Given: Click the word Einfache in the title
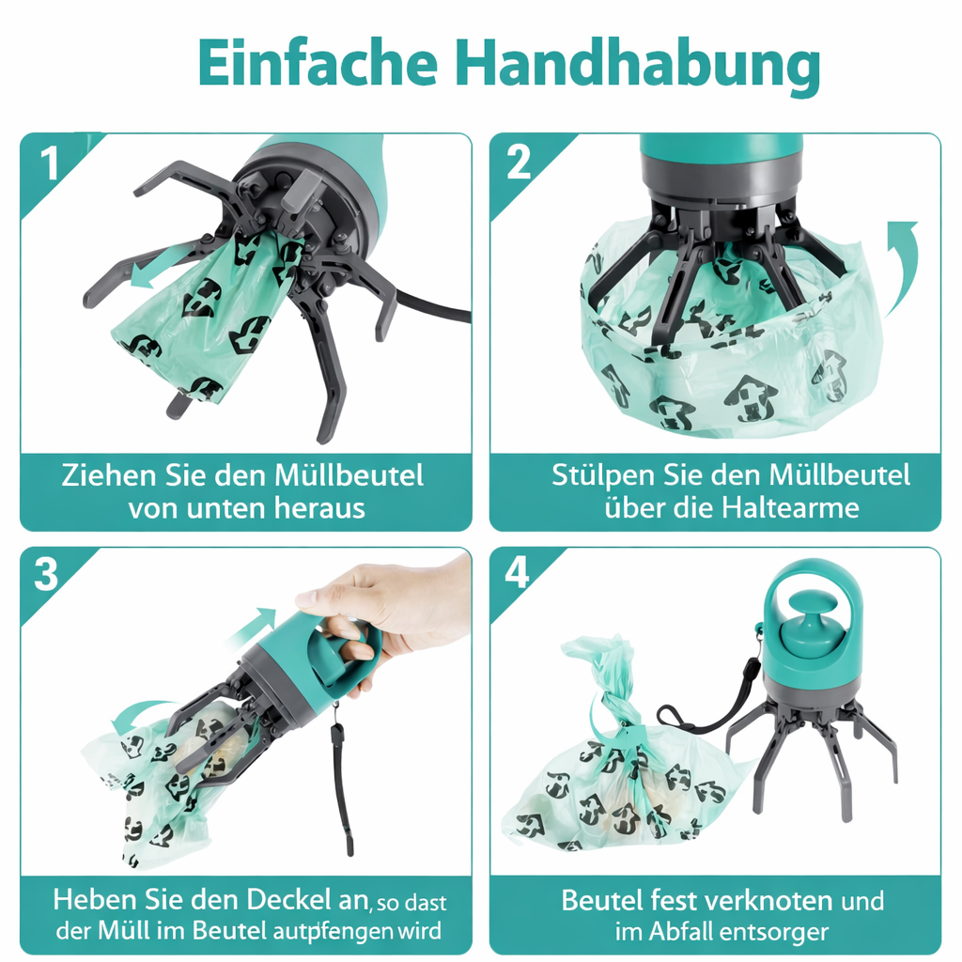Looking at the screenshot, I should (x=317, y=66).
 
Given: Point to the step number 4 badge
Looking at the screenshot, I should (x=518, y=573).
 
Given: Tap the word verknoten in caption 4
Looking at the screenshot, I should (x=754, y=900).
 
